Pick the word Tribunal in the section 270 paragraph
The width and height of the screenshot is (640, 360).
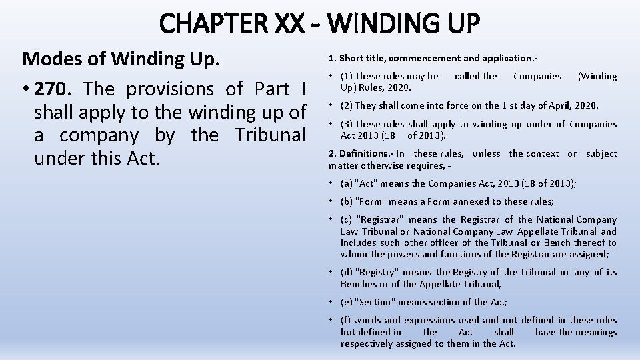pos(269,135)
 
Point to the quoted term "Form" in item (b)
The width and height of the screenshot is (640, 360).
pos(373,201)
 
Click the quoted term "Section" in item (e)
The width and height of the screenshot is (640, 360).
pos(377,303)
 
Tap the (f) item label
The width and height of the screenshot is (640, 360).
pos(345,320)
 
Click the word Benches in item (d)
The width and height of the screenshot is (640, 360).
pos(358,284)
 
